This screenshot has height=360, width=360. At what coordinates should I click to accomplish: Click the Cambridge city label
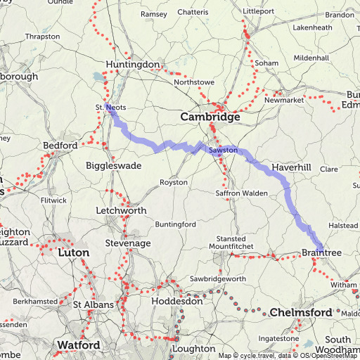(210, 117)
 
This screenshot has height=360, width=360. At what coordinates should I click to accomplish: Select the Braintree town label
(321, 252)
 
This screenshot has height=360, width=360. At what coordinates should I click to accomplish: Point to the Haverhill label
(290, 168)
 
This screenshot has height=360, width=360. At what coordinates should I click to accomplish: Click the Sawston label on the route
(224, 150)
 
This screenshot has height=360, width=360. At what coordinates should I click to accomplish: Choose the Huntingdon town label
(133, 65)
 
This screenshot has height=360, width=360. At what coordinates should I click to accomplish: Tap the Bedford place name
(60, 146)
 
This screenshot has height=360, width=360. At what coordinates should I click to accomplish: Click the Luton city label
(74, 252)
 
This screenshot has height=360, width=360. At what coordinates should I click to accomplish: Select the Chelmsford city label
(300, 312)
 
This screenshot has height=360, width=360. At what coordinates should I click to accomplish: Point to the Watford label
(78, 345)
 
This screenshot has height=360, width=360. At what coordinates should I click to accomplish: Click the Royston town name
(174, 182)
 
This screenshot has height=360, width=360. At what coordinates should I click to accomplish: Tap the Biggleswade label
(114, 166)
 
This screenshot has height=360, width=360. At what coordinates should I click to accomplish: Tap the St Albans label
(91, 304)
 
